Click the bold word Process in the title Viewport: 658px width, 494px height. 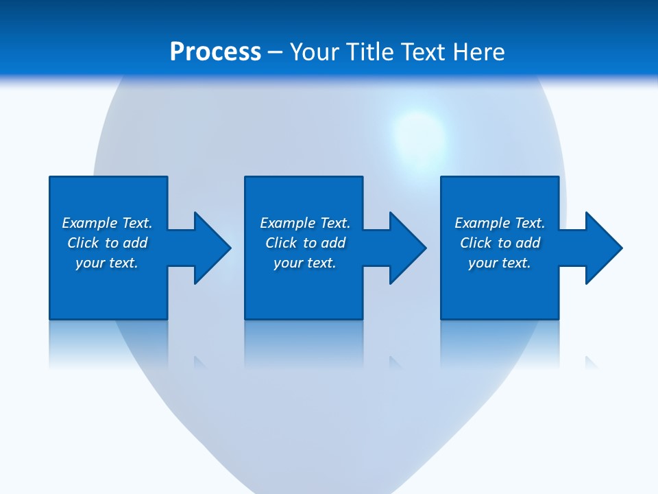[215, 52]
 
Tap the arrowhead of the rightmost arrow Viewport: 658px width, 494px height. [606, 248]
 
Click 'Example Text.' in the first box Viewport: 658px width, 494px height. [107, 223]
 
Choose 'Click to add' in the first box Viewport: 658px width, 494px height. [107, 243]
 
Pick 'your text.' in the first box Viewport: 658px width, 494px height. [107, 263]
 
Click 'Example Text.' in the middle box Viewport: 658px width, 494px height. [305, 223]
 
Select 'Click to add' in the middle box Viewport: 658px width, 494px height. [305, 243]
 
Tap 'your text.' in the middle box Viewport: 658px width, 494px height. [305, 263]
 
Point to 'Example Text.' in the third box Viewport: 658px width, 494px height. [500, 223]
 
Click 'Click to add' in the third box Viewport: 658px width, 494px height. [500, 243]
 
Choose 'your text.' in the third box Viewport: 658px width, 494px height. [500, 263]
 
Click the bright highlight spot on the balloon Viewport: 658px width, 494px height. [418, 134]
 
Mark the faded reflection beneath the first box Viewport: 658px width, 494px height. [108, 343]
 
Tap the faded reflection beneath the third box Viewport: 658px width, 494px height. [500, 343]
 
